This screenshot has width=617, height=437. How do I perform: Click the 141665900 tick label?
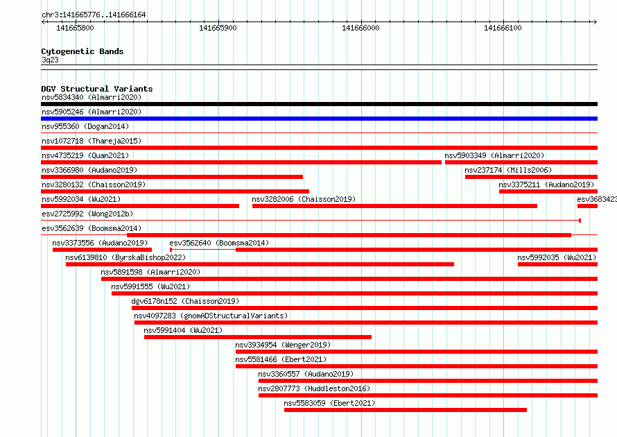pos(218,28)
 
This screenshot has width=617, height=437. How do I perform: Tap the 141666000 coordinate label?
pos(360,28)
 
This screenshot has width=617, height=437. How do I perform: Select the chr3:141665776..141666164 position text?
pos(94,15)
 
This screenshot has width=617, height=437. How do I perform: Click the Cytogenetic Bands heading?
pos(82,51)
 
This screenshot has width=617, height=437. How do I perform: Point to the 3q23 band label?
pos(50,60)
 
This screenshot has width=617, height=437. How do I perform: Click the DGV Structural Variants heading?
pos(97,89)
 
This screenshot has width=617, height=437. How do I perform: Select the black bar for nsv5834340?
pos(319,104)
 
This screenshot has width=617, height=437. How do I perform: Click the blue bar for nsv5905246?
pos(319,119)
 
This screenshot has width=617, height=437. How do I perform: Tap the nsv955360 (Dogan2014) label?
pos(85,126)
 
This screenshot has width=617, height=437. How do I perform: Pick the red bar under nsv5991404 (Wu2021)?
pos(258,337)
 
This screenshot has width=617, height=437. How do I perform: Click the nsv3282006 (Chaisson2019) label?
pos(304,199)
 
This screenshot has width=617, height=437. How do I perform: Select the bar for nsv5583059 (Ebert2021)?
pos(406,410)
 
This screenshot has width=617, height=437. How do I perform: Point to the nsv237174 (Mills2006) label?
pos(508,170)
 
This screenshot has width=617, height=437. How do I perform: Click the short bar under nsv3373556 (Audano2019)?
pos(103,250)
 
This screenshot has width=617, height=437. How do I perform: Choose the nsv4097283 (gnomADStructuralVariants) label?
pos(211,316)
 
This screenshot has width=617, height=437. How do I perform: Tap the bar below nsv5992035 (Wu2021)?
pos(557,264)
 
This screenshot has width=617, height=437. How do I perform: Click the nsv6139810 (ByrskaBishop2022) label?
pos(125,257)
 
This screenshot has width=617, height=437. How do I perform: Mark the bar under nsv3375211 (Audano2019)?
pos(548,191)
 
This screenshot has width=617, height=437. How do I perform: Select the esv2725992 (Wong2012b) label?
pos(87,214)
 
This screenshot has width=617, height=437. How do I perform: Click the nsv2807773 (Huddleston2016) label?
pos(315,388)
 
